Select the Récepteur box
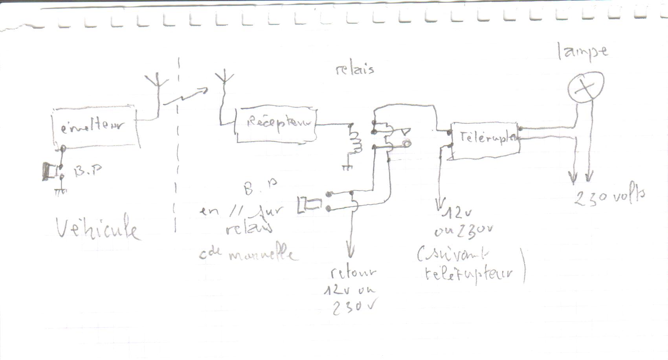(276, 125)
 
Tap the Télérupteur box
(486, 140)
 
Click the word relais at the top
(355, 70)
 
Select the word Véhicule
(98, 229)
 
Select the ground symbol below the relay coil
(347, 167)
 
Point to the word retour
(353, 273)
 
